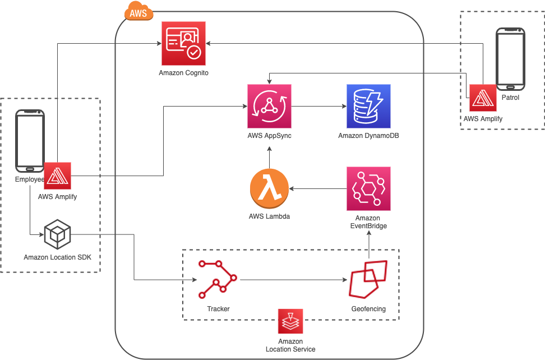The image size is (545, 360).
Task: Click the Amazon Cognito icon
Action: [183, 43]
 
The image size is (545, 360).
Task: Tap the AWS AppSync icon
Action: [269, 107]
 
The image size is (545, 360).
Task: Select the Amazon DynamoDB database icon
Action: [368, 107]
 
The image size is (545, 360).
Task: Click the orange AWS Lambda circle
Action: [269, 188]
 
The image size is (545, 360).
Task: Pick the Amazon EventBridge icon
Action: [368, 188]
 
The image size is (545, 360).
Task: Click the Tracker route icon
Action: [218, 279]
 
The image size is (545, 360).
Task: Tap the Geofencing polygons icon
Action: [368, 279]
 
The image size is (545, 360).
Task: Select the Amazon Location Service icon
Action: [290, 321]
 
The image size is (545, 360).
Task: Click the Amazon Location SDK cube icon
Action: [57, 234]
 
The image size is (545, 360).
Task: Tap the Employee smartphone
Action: [30, 141]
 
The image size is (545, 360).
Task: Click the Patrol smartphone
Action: [510, 59]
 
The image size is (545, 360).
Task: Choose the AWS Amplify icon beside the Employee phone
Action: [57, 176]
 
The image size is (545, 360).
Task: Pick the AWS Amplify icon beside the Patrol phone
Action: [483, 98]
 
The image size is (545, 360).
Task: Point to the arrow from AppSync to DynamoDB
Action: [319, 107]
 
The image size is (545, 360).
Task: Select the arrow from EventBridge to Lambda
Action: [318, 188]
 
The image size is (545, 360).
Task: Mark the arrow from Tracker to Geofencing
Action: [294, 280]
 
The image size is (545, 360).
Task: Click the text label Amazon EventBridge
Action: [368, 222]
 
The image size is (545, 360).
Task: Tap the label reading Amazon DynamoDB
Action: [368, 136]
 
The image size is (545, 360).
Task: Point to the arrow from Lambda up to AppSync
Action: [269, 158]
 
